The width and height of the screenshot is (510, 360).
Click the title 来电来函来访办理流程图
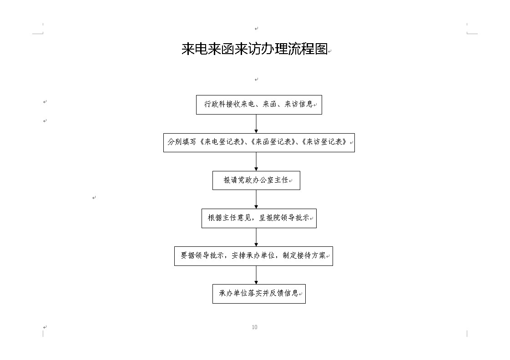[254, 49]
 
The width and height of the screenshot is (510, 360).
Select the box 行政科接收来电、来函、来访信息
[259, 105]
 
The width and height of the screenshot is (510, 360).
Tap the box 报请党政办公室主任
[256, 180]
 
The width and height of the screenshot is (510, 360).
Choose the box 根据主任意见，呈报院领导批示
[259, 218]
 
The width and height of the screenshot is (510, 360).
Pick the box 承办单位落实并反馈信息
[259, 294]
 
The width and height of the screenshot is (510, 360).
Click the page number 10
[255, 327]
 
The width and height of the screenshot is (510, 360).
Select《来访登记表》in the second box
[324, 142]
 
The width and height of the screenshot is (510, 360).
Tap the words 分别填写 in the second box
[182, 142]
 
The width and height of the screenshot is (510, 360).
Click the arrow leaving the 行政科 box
[256, 124]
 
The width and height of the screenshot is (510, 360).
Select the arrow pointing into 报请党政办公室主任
[256, 161]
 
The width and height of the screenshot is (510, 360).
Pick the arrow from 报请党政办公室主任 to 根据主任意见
[256, 200]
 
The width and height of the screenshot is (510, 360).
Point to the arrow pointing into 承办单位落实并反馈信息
[256, 275]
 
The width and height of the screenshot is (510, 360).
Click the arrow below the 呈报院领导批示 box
[256, 237]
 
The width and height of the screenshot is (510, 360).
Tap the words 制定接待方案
[304, 256]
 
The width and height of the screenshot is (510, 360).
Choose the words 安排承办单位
[253, 256]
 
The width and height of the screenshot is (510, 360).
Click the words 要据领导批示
[202, 256]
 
